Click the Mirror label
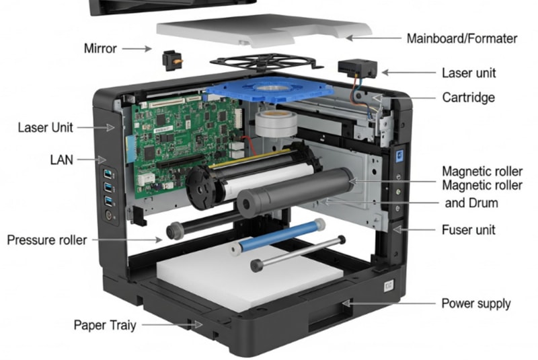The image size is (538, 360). click(100, 48)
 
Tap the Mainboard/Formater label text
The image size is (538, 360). click(462, 38)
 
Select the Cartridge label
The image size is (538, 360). click(468, 98)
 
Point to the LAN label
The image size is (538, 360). click(61, 160)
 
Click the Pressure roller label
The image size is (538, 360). click(46, 240)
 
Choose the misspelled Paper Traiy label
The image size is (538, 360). click(105, 325)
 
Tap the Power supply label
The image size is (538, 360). click(476, 303)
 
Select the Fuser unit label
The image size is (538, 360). click(468, 229)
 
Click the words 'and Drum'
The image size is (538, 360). click(471, 203)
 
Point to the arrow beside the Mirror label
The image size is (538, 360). click(137, 48)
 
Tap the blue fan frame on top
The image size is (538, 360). click(270, 89)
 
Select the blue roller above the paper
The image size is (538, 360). click(277, 237)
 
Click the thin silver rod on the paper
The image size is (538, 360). click(298, 253)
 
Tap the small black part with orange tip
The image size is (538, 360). click(172, 61)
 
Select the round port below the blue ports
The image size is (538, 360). click(109, 215)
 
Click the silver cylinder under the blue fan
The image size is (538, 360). click(276, 123)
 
